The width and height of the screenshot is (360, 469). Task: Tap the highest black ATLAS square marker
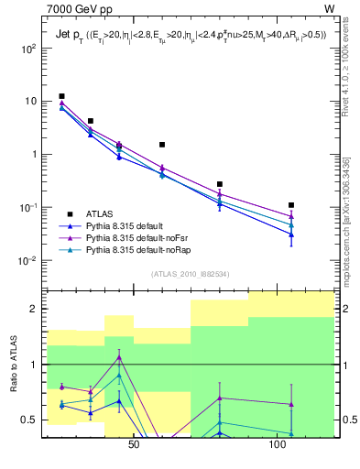pos(61,96)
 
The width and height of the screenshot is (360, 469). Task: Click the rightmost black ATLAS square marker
pos(291,205)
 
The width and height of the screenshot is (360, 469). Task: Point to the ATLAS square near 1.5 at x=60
pos(162,145)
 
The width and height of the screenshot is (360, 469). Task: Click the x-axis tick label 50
pos(134,445)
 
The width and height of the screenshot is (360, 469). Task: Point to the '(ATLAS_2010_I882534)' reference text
pos(190,274)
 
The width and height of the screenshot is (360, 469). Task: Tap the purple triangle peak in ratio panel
pos(119,357)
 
